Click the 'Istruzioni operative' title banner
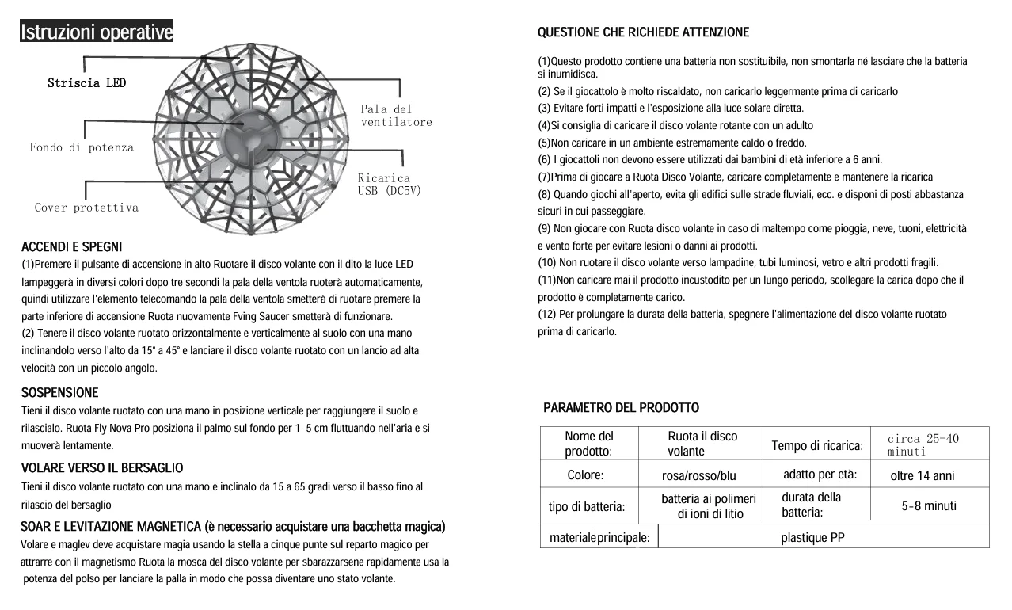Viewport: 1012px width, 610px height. coord(97,32)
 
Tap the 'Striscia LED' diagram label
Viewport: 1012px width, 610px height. coord(86,83)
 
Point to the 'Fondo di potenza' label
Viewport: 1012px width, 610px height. coord(82,147)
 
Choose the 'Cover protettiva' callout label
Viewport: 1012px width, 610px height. coord(86,208)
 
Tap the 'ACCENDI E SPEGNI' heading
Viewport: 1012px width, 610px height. coord(71,247)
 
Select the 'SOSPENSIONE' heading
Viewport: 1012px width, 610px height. coord(59,393)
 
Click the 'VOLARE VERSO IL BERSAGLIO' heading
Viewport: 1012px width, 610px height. coord(101,468)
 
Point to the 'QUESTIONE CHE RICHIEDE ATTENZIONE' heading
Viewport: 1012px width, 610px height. coord(643,32)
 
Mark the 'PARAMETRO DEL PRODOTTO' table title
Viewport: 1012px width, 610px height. coord(621,408)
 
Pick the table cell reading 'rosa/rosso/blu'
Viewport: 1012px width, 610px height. coord(698,476)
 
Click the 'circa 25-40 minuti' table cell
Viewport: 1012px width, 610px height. coord(923,444)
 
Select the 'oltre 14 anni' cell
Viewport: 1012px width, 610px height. coord(922,476)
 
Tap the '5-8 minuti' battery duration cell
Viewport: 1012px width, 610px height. coord(928,505)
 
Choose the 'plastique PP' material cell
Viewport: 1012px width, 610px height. coord(812,538)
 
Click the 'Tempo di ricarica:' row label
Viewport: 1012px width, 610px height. coord(816,445)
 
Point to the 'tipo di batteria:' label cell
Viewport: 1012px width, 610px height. coord(586,507)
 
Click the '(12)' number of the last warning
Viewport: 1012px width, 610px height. coord(548,315)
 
